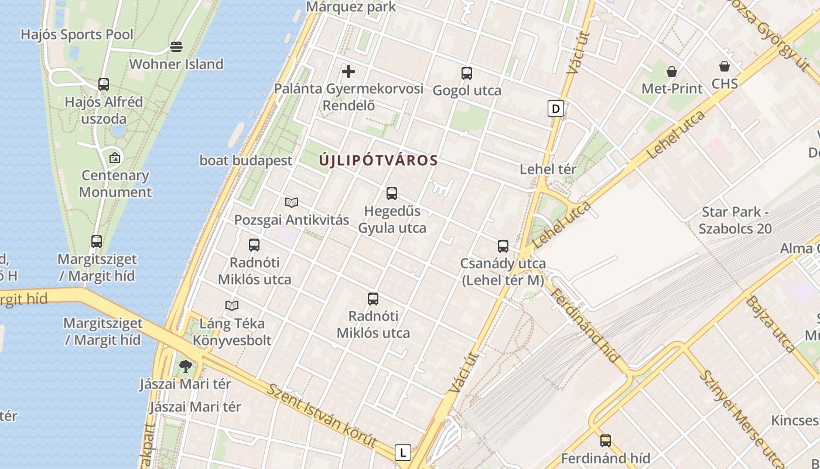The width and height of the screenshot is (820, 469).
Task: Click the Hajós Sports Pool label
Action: pyautogui.click(x=77, y=35)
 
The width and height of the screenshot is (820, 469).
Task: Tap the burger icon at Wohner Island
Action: pyautogui.click(x=176, y=46)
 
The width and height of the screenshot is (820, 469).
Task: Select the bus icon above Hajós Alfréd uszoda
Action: pyautogui.click(x=104, y=84)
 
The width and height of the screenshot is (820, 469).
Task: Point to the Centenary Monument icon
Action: pyautogui.click(x=115, y=157)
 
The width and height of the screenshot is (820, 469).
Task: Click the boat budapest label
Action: pyautogui.click(x=246, y=161)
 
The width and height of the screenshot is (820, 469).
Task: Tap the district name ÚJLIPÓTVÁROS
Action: pyautogui.click(x=378, y=160)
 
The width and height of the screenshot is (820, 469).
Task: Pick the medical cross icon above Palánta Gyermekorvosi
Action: pyautogui.click(x=348, y=72)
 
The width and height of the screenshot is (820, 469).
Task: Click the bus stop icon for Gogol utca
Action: pyautogui.click(x=467, y=73)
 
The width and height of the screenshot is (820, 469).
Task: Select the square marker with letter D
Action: pyautogui.click(x=556, y=108)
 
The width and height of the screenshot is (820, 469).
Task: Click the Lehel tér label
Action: pyautogui.click(x=548, y=169)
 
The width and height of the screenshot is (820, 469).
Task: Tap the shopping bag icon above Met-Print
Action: pyautogui.click(x=672, y=72)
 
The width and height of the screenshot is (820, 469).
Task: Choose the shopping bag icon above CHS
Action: pyautogui.click(x=725, y=66)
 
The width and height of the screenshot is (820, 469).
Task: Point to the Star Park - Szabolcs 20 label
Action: pyautogui.click(x=735, y=220)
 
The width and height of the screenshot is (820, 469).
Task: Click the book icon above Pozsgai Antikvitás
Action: pyautogui.click(x=292, y=203)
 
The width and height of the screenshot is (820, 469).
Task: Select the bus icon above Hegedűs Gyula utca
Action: pyautogui.click(x=392, y=193)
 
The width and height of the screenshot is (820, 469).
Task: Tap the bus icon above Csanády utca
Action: pyautogui.click(x=503, y=246)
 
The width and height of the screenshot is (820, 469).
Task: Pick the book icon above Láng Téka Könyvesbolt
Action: pyautogui.click(x=232, y=305)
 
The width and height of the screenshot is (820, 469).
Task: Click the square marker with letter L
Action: pyautogui.click(x=403, y=453)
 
